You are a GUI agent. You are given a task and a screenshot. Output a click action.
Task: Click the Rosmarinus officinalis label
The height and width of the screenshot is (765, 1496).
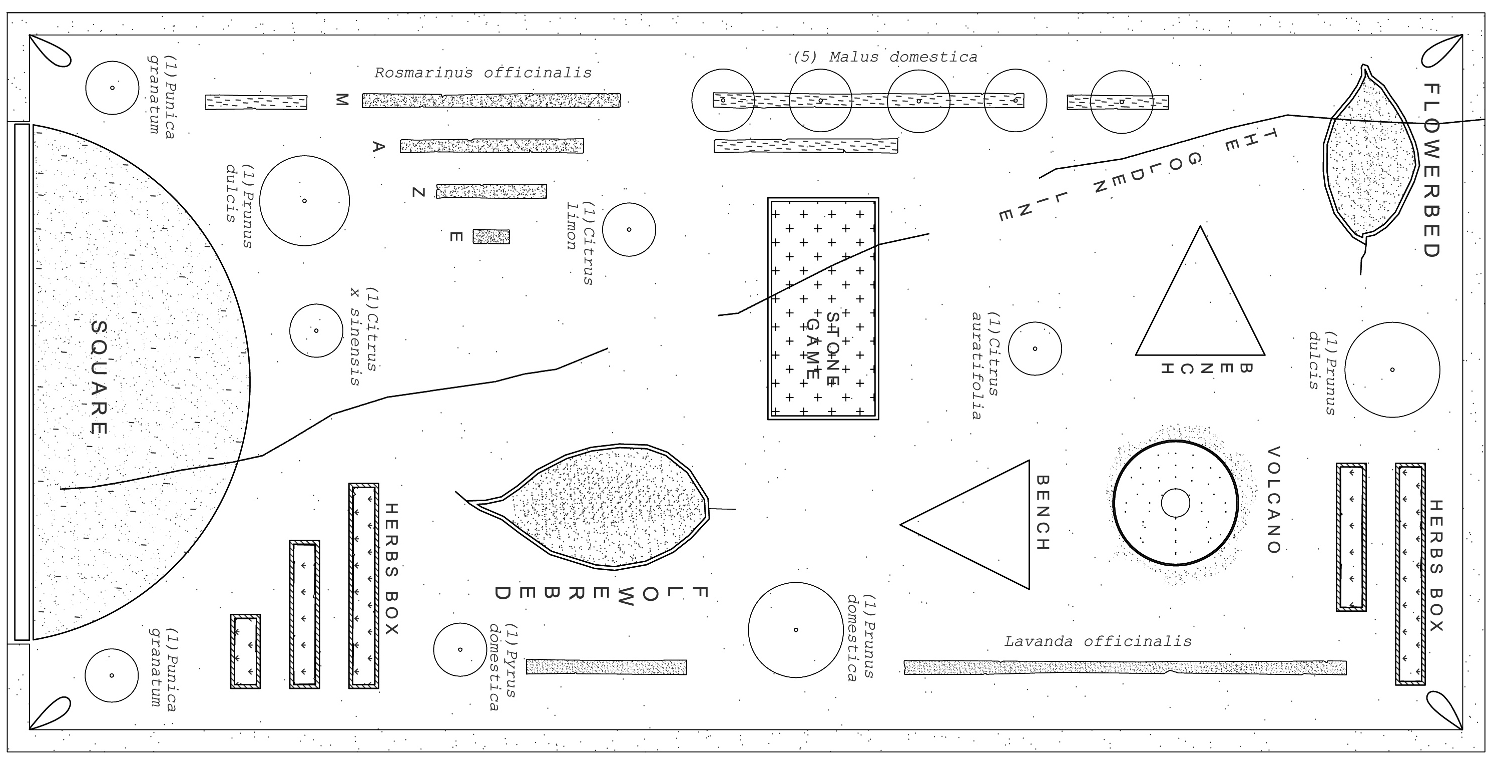click(482, 73)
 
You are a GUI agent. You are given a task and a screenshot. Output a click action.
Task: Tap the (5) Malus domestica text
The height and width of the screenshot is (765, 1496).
click(885, 58)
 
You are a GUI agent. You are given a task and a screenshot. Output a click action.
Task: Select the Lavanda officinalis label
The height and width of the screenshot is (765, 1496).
click(1098, 641)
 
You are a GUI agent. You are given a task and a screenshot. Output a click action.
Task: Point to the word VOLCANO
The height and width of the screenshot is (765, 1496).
click(1273, 500)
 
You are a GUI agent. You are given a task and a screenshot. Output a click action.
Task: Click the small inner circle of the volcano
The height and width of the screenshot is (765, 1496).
click(1175, 503)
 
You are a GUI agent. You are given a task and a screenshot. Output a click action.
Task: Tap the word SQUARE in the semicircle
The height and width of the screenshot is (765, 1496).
click(99, 377)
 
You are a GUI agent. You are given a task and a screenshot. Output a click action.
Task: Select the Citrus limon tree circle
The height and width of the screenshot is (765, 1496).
click(629, 229)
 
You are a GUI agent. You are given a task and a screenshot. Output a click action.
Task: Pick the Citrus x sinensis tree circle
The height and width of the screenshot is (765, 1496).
click(316, 330)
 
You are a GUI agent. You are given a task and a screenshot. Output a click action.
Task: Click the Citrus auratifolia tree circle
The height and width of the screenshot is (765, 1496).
click(1035, 348)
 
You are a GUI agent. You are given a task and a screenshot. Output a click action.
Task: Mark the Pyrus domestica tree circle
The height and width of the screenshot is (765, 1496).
click(460, 649)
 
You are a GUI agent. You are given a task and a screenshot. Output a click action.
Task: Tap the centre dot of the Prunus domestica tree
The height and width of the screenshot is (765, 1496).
click(796, 630)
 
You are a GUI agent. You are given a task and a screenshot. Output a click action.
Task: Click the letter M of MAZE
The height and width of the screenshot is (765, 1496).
click(341, 101)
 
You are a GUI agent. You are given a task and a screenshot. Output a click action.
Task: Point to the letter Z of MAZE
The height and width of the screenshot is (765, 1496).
click(418, 192)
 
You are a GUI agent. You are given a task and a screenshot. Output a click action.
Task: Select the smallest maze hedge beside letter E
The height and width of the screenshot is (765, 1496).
click(491, 236)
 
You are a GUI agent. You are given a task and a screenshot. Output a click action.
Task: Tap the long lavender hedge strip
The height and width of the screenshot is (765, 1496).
click(1125, 667)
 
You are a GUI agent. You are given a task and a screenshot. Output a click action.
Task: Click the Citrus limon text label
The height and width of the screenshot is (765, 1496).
click(581, 243)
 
